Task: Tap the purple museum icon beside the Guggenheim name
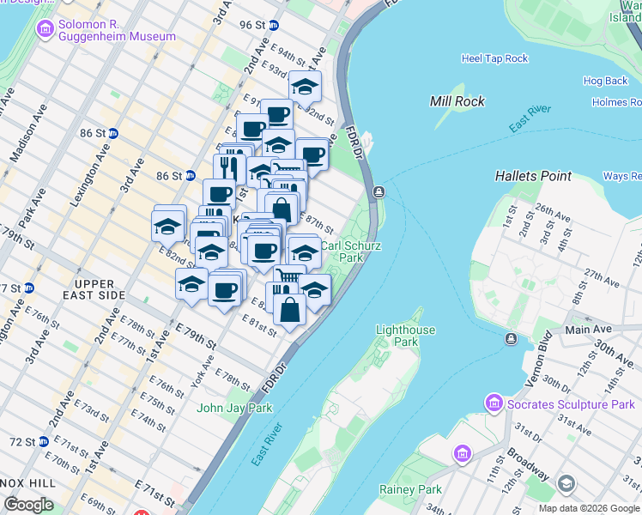(44, 30)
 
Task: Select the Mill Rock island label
(457, 101)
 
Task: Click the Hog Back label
(605, 81)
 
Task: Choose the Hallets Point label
(533, 176)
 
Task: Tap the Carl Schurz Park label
(350, 251)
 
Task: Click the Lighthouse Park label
(405, 336)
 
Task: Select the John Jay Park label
(234, 408)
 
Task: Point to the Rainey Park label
(410, 489)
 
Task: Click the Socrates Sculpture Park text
(571, 404)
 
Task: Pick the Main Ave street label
(588, 329)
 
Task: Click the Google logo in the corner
(28, 505)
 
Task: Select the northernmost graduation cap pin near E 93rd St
(304, 86)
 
